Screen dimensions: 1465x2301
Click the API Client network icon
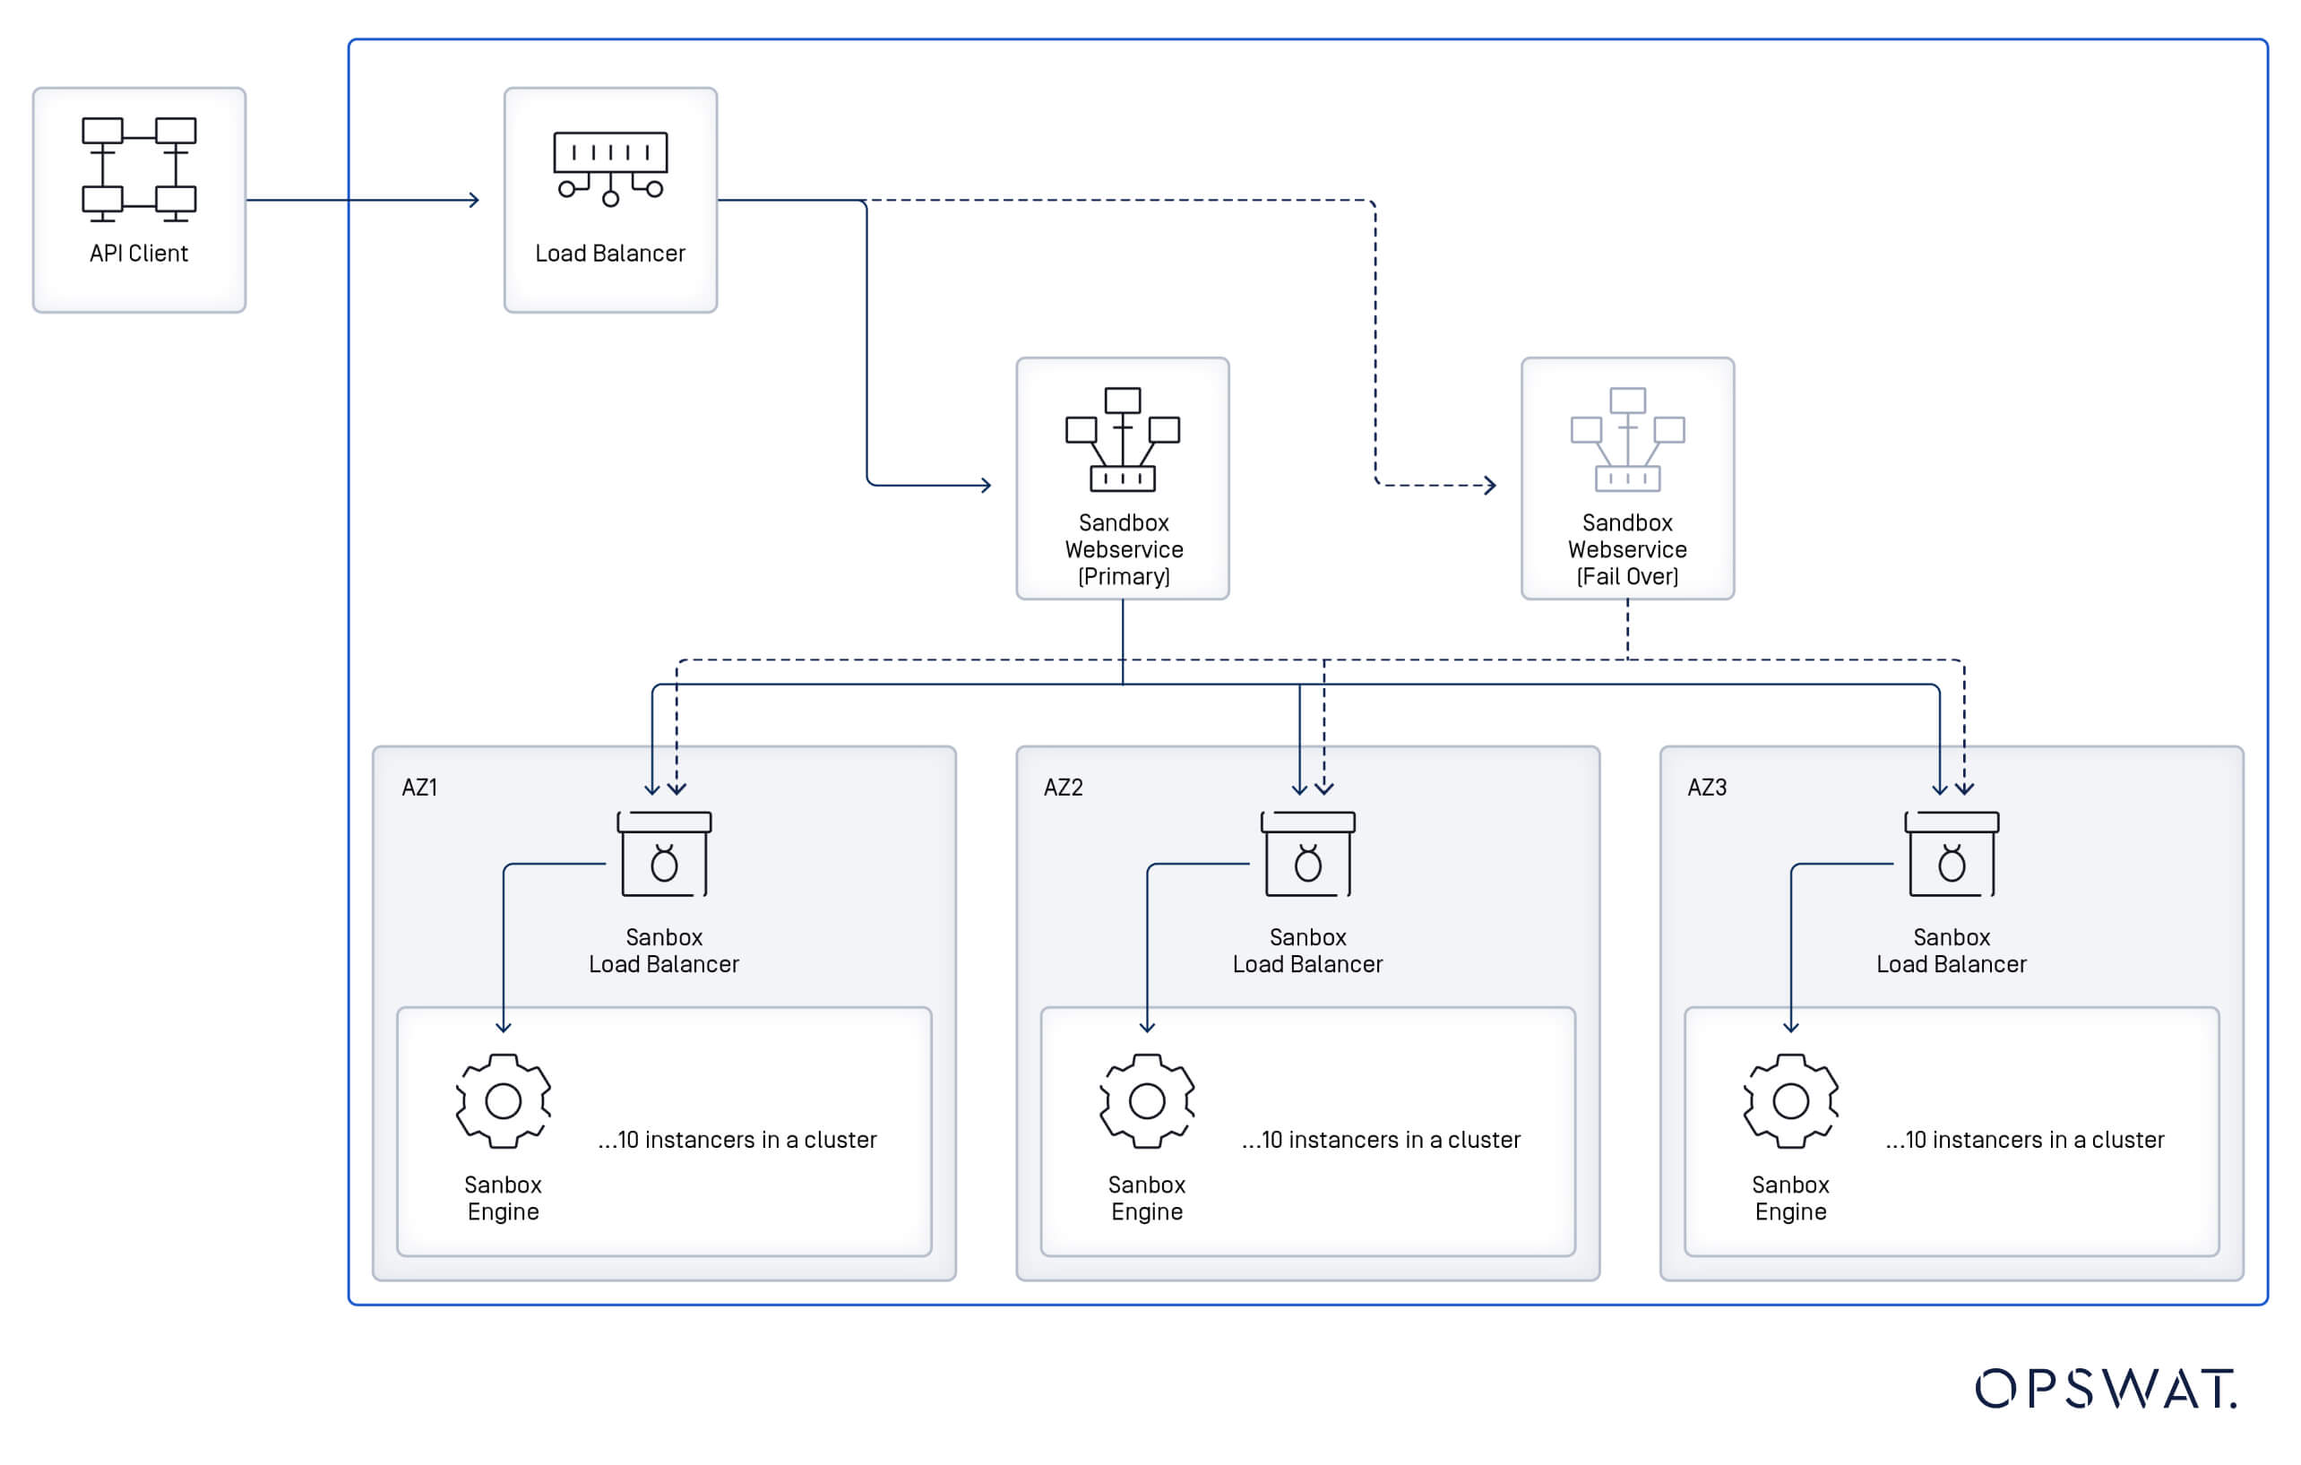click(x=139, y=169)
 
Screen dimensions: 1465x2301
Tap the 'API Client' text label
click(x=139, y=254)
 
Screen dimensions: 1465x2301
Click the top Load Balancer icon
click(x=609, y=168)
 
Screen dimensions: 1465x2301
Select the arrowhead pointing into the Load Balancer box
click(x=474, y=200)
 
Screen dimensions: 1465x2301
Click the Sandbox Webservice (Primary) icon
click(x=1122, y=439)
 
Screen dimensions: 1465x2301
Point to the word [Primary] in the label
click(x=1123, y=576)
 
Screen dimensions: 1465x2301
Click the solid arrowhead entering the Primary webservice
click(x=986, y=486)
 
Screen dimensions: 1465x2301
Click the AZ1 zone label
click(x=418, y=788)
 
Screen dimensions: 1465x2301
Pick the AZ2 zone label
click(x=1063, y=788)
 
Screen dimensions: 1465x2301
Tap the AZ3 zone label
click(x=1707, y=788)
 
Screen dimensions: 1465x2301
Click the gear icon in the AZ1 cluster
click(x=503, y=1101)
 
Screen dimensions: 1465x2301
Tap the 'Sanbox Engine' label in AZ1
click(x=503, y=1197)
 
